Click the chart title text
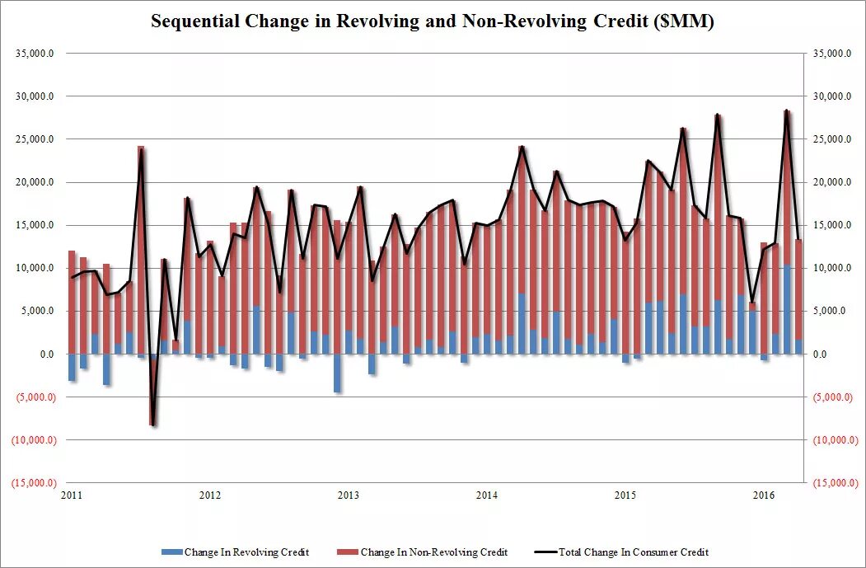point(432,22)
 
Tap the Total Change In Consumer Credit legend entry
point(634,552)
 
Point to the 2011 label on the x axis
point(72,495)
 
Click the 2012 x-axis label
point(210,495)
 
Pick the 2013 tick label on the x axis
point(349,495)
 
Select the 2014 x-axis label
point(487,495)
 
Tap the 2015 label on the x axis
point(625,495)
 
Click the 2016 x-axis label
point(764,495)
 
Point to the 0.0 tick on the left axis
point(49,354)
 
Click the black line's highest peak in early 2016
point(786,110)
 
